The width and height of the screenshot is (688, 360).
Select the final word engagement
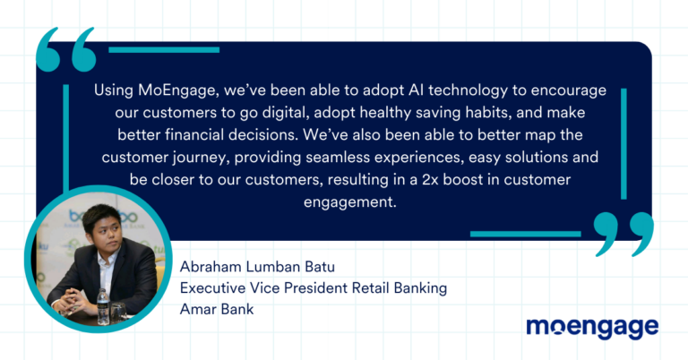(349, 202)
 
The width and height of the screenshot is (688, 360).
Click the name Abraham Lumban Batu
(257, 267)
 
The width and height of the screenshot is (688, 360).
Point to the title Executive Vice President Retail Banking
(314, 288)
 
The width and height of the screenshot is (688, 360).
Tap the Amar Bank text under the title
(217, 309)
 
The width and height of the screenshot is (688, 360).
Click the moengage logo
(592, 328)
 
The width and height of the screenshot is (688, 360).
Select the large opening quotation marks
(66, 49)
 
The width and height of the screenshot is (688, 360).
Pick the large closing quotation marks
(623, 234)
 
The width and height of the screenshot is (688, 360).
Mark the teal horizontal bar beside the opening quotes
(164, 50)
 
